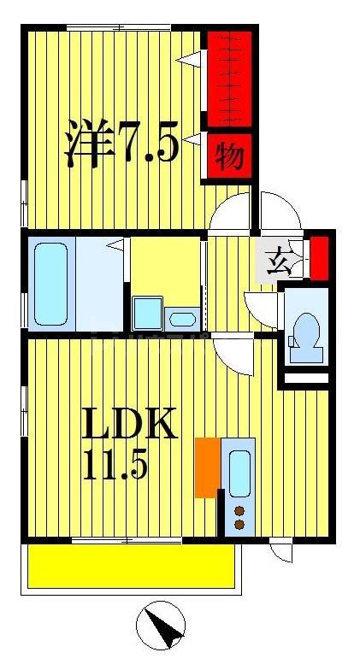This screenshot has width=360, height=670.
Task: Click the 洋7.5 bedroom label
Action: click(122, 146)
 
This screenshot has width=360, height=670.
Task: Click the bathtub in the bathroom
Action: click(51, 281)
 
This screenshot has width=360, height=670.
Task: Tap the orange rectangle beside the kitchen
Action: click(205, 467)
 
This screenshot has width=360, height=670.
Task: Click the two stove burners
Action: click(239, 517)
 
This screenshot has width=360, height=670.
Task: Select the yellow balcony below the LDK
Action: click(131, 565)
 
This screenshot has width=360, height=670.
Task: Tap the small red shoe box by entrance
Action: click(318, 257)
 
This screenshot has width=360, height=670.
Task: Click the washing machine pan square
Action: click(147, 314)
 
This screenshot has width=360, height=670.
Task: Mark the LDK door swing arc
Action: click(233, 352)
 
